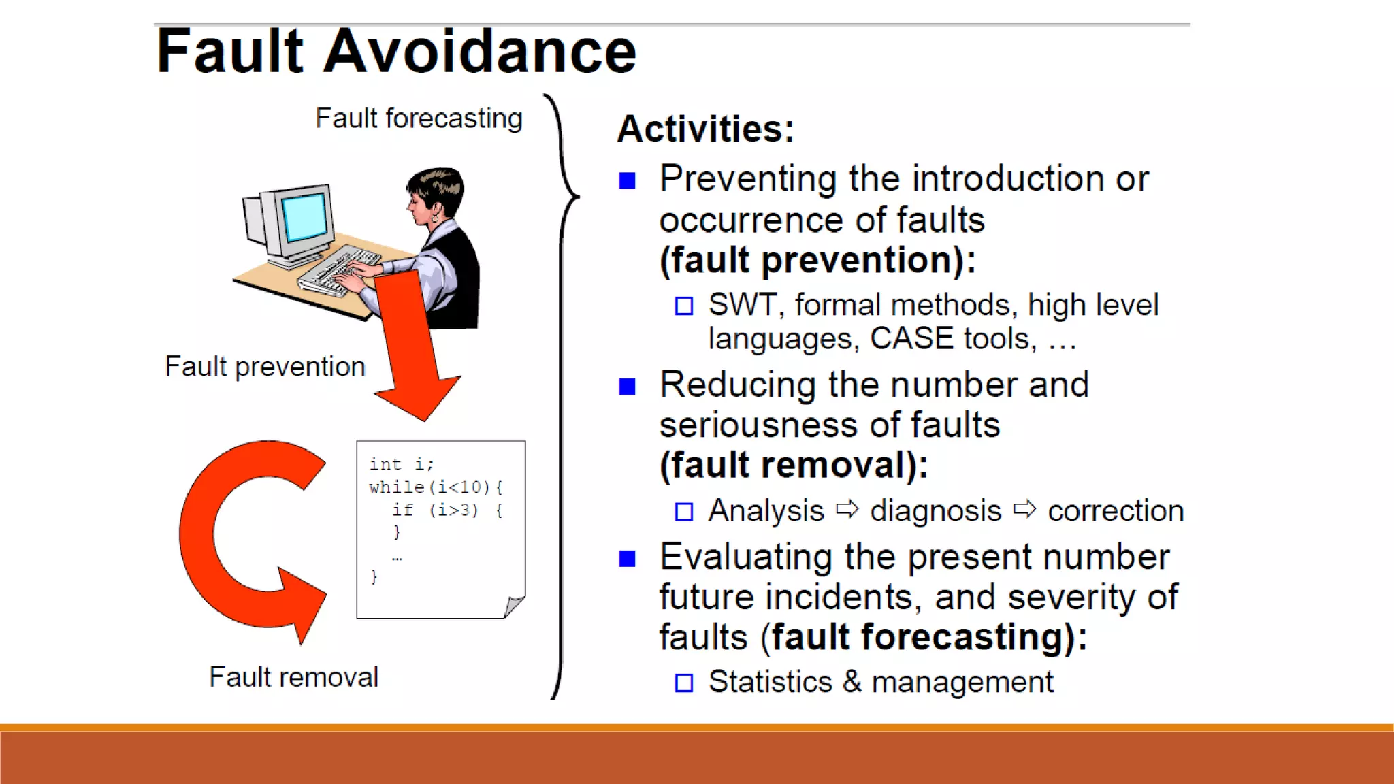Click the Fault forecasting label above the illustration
(x=419, y=118)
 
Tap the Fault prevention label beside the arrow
(x=265, y=367)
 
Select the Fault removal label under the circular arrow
(x=293, y=677)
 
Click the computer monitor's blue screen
(x=305, y=216)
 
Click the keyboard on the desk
(x=338, y=271)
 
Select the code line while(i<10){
(x=436, y=487)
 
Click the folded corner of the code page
(x=514, y=606)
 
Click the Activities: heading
(x=705, y=129)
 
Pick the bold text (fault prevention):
(x=817, y=261)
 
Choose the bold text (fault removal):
(x=794, y=466)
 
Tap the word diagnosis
(x=935, y=511)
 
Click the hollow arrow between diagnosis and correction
(x=1024, y=508)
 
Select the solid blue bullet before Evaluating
(x=627, y=559)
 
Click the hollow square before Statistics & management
(x=684, y=683)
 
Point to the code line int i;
(x=401, y=464)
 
